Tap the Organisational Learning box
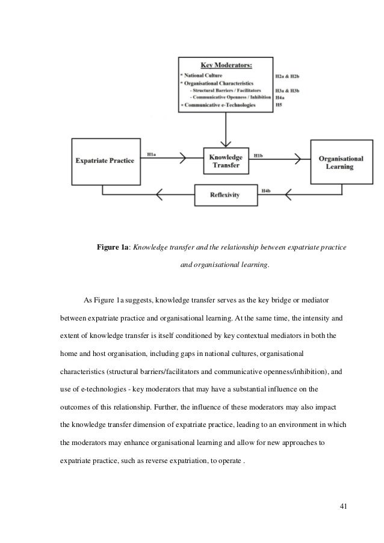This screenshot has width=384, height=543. coord(340,162)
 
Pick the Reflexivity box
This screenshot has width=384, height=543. coord(226,194)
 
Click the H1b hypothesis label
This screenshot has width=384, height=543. coord(258,155)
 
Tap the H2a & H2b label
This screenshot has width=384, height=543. coord(287,77)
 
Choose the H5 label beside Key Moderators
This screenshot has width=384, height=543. coord(278,104)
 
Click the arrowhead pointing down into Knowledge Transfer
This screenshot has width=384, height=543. coord(225,143)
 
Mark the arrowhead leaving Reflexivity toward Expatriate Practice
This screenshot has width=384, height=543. coord(159,194)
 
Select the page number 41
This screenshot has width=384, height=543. coord(343,504)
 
